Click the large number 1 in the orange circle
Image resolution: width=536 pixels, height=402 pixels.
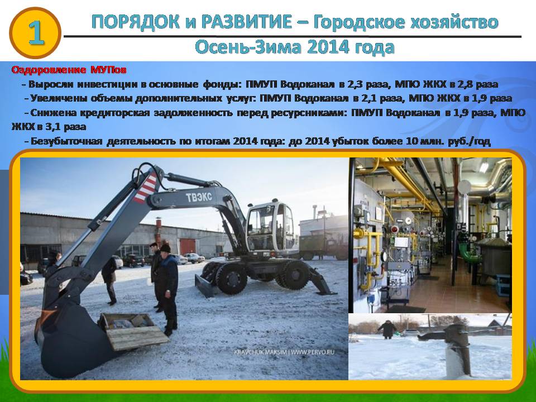coord(36,33)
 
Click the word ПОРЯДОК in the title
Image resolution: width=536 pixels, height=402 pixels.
coord(136,22)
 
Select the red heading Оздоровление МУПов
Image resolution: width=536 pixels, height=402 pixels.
coord(69,70)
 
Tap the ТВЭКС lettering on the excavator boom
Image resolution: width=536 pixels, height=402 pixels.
coord(199,197)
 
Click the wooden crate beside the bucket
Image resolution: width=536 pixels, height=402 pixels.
coord(133,331)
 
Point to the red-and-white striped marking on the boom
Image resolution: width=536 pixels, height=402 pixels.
coord(146,188)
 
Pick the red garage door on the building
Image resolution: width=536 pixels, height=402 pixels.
coord(188,246)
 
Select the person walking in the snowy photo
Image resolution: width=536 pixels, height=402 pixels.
coord(387,329)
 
